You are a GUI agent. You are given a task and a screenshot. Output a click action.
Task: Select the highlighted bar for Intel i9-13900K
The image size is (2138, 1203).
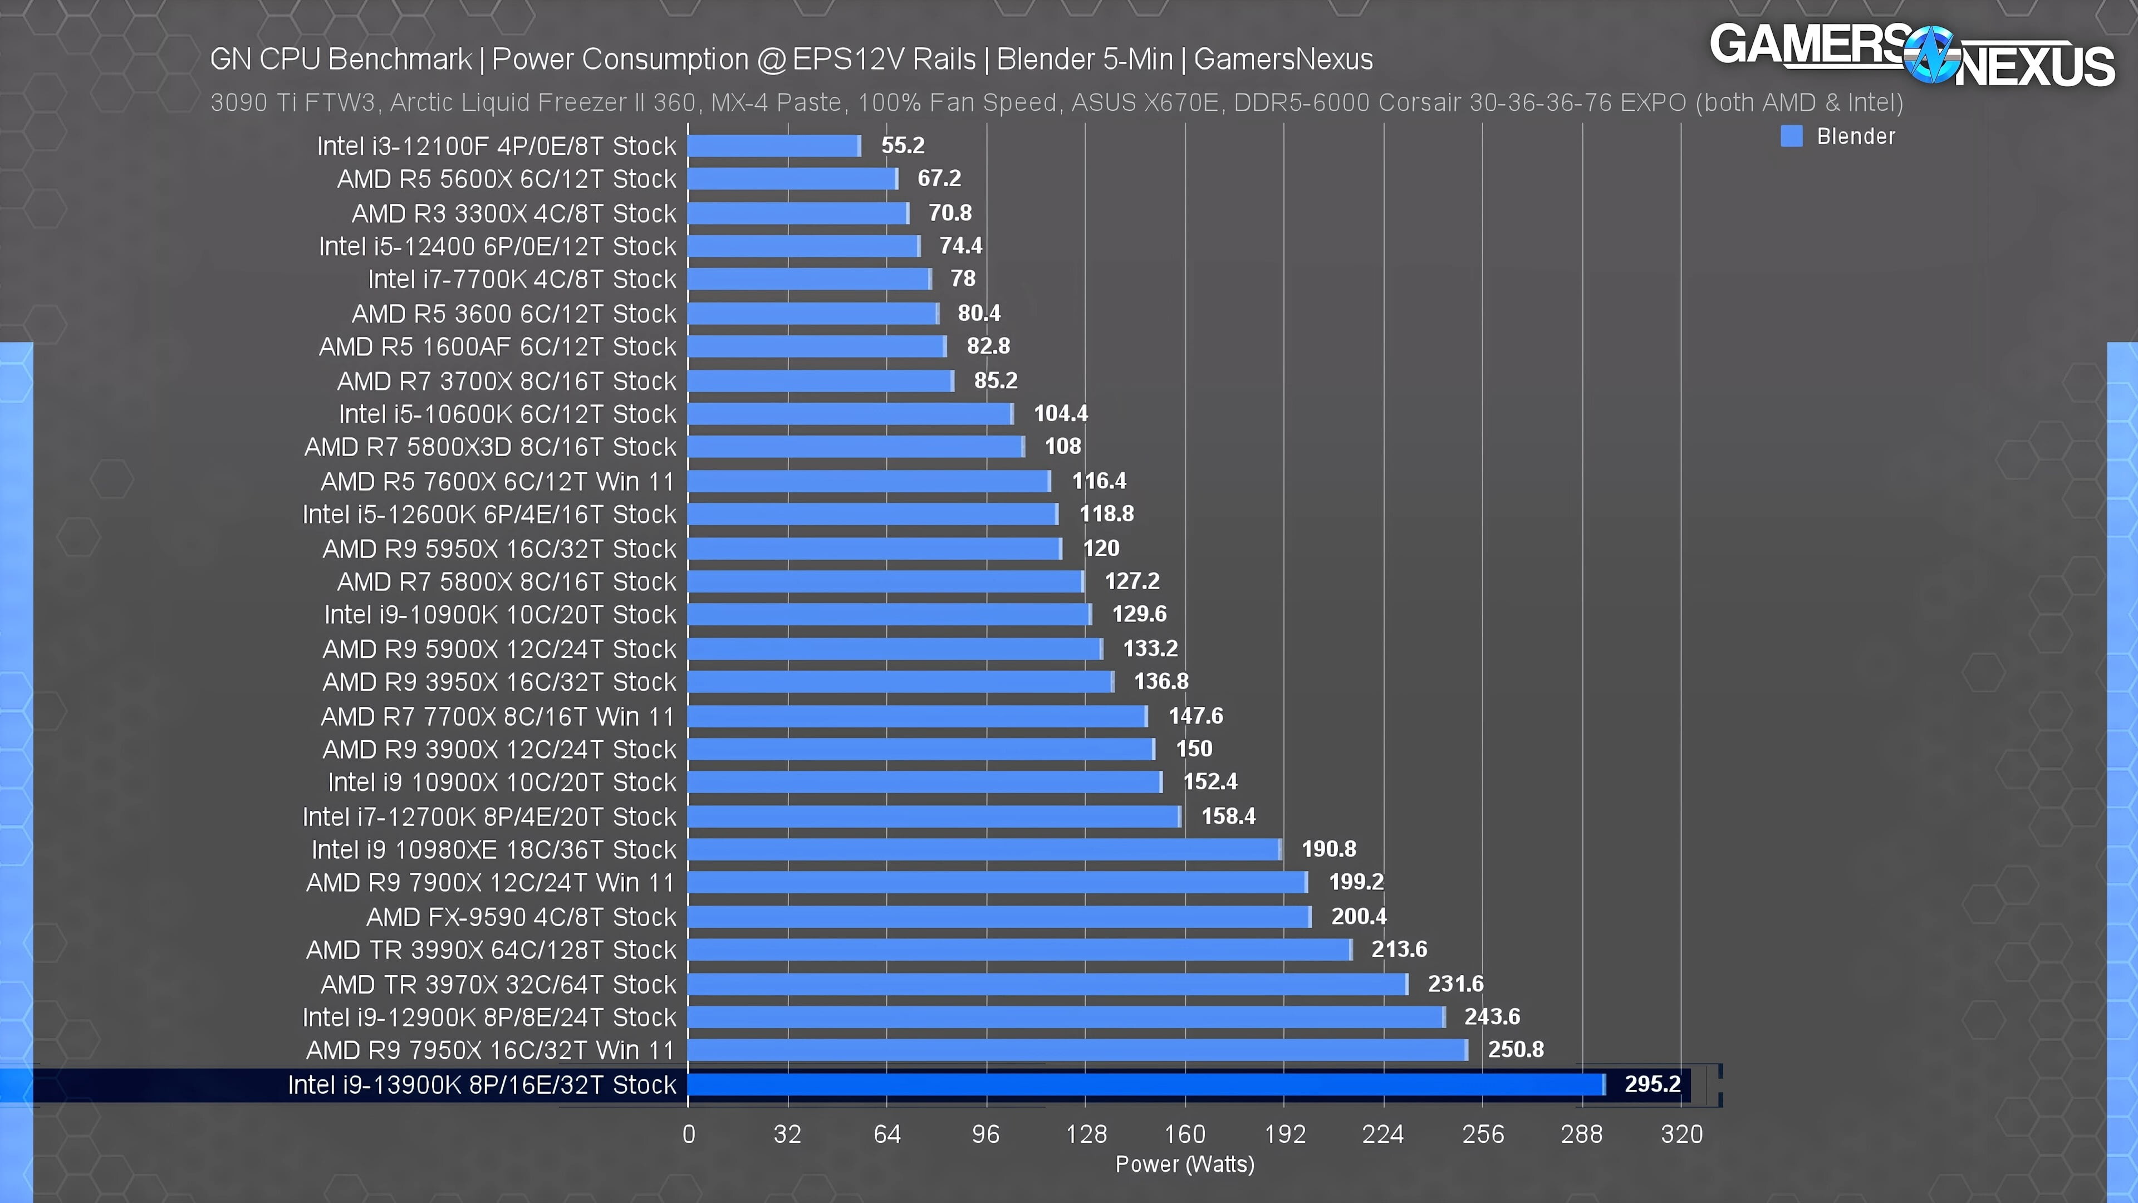pos(1145,1084)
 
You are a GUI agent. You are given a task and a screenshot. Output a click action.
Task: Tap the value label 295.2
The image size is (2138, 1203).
pos(1651,1084)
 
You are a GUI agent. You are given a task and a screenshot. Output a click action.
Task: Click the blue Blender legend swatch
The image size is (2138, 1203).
pos(1791,136)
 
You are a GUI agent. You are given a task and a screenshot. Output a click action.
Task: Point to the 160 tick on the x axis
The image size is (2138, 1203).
pos(1184,1134)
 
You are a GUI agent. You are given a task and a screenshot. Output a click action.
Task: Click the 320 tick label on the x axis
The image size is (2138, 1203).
pos(1681,1134)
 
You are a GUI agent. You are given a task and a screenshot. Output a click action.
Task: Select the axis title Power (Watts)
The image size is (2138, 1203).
pos(1184,1164)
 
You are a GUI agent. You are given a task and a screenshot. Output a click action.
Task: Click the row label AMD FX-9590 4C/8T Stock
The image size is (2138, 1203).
pos(521,917)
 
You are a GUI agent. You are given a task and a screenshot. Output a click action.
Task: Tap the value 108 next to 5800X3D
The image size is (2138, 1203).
pos(1062,447)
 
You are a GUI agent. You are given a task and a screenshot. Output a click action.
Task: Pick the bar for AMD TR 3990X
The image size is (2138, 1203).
pos(1019,950)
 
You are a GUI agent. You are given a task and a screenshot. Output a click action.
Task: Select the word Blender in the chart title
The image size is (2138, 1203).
pos(1042,60)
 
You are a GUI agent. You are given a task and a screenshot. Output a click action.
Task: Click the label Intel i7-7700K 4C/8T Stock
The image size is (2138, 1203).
pos(522,280)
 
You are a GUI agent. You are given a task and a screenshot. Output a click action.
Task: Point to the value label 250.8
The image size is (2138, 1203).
pos(1516,1049)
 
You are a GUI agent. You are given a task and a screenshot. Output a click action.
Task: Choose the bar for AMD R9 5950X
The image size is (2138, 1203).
pos(874,549)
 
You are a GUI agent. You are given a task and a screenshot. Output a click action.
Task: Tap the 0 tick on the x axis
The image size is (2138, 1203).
pos(689,1134)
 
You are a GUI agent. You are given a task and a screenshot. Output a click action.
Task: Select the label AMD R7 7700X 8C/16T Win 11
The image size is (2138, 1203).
pos(498,716)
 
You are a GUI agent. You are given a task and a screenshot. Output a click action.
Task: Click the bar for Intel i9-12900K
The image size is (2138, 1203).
pos(1066,1017)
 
